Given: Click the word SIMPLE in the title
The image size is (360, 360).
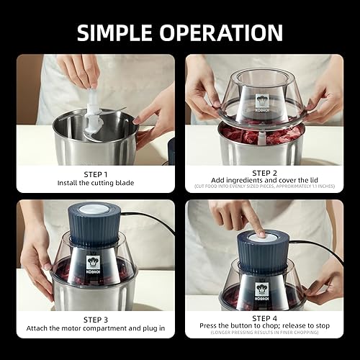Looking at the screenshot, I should (123, 32).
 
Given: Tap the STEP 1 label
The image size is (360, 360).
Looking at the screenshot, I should (95, 174).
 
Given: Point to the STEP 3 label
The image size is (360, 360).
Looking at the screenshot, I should (95, 319).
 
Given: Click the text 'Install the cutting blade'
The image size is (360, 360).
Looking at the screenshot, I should (95, 184).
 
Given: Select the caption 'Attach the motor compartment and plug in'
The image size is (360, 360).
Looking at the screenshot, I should (95, 329).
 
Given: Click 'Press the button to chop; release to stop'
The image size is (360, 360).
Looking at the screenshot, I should (262, 325).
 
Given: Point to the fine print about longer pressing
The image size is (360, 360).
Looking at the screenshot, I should (262, 333).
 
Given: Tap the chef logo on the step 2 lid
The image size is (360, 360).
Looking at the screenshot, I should (261, 101).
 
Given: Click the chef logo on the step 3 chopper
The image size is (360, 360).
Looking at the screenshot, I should (93, 264).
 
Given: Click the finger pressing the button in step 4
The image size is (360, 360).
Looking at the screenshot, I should (251, 223).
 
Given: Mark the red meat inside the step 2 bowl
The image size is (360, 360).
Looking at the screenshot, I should (238, 135).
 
